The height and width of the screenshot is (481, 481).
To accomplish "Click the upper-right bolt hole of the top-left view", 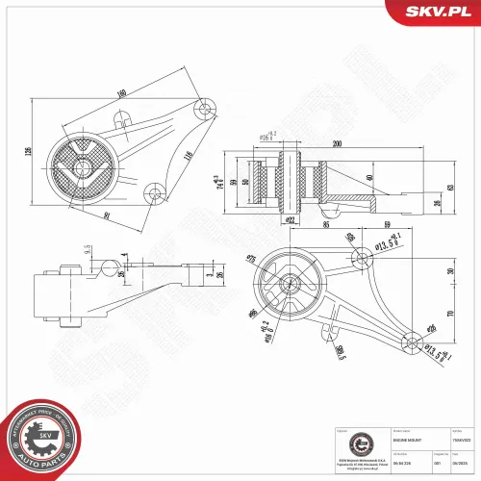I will point(203,109).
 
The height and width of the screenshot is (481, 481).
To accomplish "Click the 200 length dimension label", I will point(337,143).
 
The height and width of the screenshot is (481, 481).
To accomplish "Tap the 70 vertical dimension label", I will point(450,314).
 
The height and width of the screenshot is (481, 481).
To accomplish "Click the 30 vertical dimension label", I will point(450,270).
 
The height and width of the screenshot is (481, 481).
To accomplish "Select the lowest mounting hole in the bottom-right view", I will point(412,339).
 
